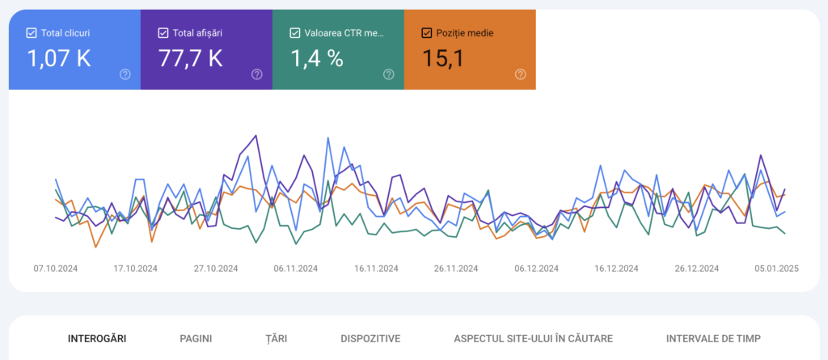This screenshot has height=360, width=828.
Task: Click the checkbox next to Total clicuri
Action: [x=32, y=33]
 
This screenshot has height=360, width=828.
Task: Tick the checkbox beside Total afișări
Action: [x=163, y=33]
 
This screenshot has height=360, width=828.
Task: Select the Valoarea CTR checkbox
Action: [x=295, y=33]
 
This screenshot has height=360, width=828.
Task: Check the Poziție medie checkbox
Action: [x=427, y=33]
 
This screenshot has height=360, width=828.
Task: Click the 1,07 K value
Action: [x=59, y=58]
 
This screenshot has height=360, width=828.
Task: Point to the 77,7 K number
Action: [x=190, y=58]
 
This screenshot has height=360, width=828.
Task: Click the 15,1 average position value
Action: [x=443, y=58]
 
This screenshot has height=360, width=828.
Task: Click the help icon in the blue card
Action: [x=125, y=74]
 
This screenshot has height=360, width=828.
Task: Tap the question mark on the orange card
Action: [x=521, y=74]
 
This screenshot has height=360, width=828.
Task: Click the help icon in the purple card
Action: [x=257, y=74]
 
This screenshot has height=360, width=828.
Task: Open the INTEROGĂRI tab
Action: [x=97, y=339]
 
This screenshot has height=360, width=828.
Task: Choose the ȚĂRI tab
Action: [x=276, y=339]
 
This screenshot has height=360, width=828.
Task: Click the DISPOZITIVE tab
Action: [x=370, y=339]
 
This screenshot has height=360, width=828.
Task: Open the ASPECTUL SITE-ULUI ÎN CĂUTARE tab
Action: [x=533, y=339]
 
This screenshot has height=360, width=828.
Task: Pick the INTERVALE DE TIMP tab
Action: [x=713, y=339]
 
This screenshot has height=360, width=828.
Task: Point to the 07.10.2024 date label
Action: [x=56, y=269]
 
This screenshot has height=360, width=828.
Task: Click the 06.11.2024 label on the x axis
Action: [x=296, y=269]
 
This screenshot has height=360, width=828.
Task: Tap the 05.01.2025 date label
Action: [x=776, y=269]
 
